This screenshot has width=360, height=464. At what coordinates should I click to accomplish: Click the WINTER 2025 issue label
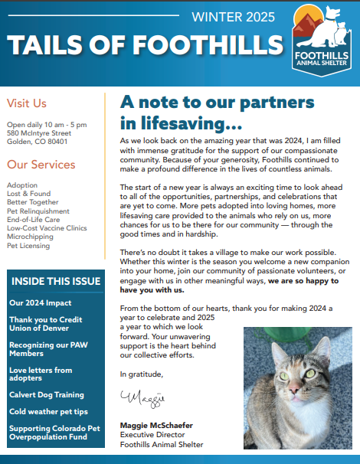[x=233, y=17]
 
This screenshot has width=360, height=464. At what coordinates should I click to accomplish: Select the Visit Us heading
[x=27, y=103]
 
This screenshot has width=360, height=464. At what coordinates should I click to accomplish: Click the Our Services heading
[x=41, y=165]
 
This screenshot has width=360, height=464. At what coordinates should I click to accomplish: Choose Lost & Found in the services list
[x=28, y=194]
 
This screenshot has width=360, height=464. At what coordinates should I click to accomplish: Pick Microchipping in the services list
[x=30, y=236]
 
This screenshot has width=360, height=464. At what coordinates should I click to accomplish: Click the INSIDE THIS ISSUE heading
[x=56, y=282]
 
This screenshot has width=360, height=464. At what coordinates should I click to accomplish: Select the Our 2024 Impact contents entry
[x=40, y=303]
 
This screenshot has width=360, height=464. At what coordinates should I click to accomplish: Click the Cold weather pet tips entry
[x=48, y=411]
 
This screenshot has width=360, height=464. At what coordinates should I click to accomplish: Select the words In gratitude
[x=142, y=374]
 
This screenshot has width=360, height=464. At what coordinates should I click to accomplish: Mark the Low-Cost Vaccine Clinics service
[x=47, y=227]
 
